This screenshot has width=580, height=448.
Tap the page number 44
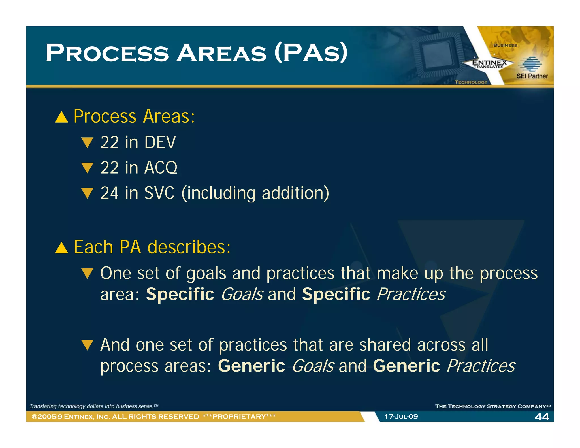click(x=541, y=417)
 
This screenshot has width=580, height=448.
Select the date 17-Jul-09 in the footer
click(x=401, y=417)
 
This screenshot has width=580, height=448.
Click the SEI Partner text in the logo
click(x=532, y=76)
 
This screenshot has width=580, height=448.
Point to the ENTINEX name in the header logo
click(x=489, y=62)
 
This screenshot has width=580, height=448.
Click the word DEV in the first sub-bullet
click(x=160, y=142)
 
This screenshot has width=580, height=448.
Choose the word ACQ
click(x=161, y=168)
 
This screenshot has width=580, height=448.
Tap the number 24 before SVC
click(x=109, y=193)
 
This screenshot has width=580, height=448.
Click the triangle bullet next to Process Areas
click(x=61, y=117)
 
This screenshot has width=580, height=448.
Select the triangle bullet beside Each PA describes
click(x=61, y=248)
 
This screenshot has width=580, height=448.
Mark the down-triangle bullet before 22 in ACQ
click(x=87, y=168)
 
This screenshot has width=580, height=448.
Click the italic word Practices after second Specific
click(x=411, y=294)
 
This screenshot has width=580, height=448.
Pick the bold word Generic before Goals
click(x=251, y=366)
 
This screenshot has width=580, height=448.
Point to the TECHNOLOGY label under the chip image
click(x=471, y=82)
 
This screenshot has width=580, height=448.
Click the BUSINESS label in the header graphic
click(x=505, y=45)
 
